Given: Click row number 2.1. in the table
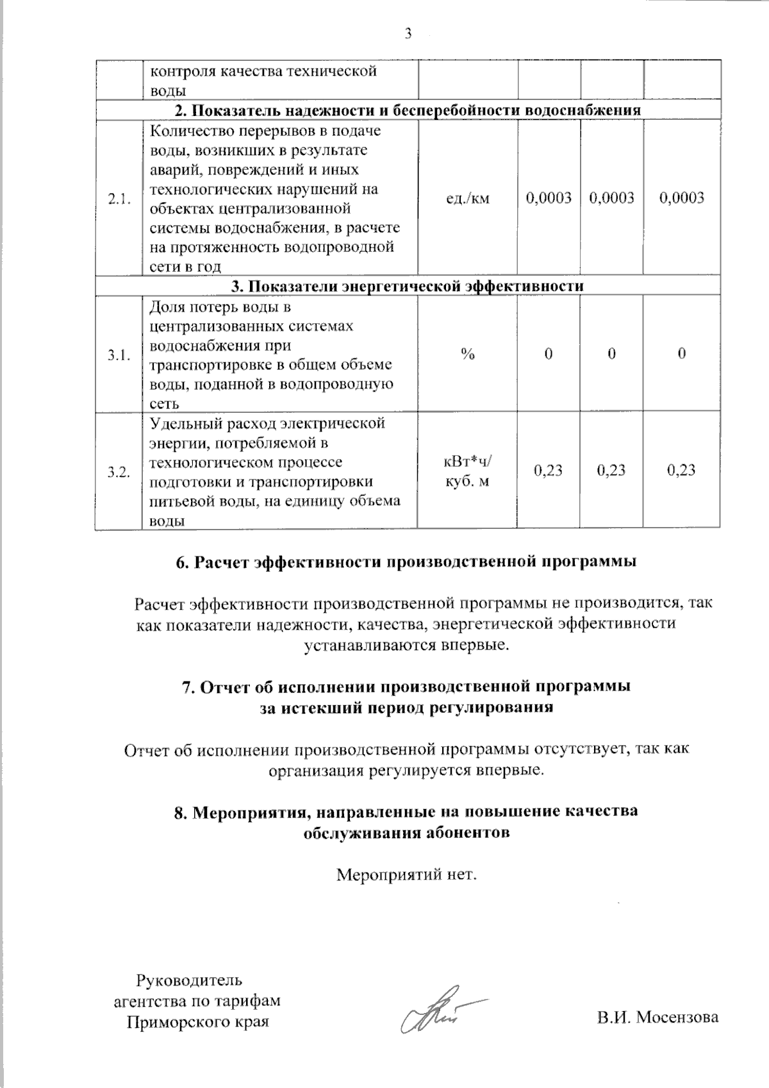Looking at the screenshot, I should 120,199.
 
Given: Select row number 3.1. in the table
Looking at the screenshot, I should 120,355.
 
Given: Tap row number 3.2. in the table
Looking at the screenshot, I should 120,473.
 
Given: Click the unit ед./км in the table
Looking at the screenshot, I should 468,198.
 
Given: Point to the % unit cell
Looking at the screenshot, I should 468,354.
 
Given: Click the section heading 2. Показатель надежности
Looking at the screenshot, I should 408,110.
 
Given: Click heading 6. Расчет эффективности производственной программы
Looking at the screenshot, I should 406,562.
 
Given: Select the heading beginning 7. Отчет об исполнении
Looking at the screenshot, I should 406,697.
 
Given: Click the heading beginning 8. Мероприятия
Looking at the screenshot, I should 406,821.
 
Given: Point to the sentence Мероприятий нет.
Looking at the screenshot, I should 407,875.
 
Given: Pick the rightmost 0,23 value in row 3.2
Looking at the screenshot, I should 681,470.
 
